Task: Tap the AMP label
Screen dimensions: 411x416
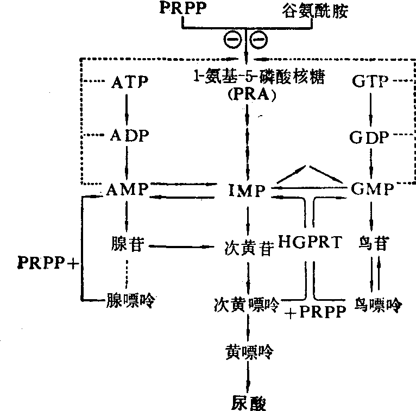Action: pyautogui.click(x=129, y=190)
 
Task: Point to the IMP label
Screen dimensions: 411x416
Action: pyautogui.click(x=247, y=191)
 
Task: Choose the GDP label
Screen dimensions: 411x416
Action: pyautogui.click(x=370, y=137)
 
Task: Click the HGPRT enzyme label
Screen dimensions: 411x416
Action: pyautogui.click(x=311, y=243)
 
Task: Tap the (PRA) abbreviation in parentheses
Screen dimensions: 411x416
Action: pyautogui.click(x=247, y=97)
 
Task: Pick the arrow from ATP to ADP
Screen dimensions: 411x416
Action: pyautogui.click(x=128, y=108)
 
